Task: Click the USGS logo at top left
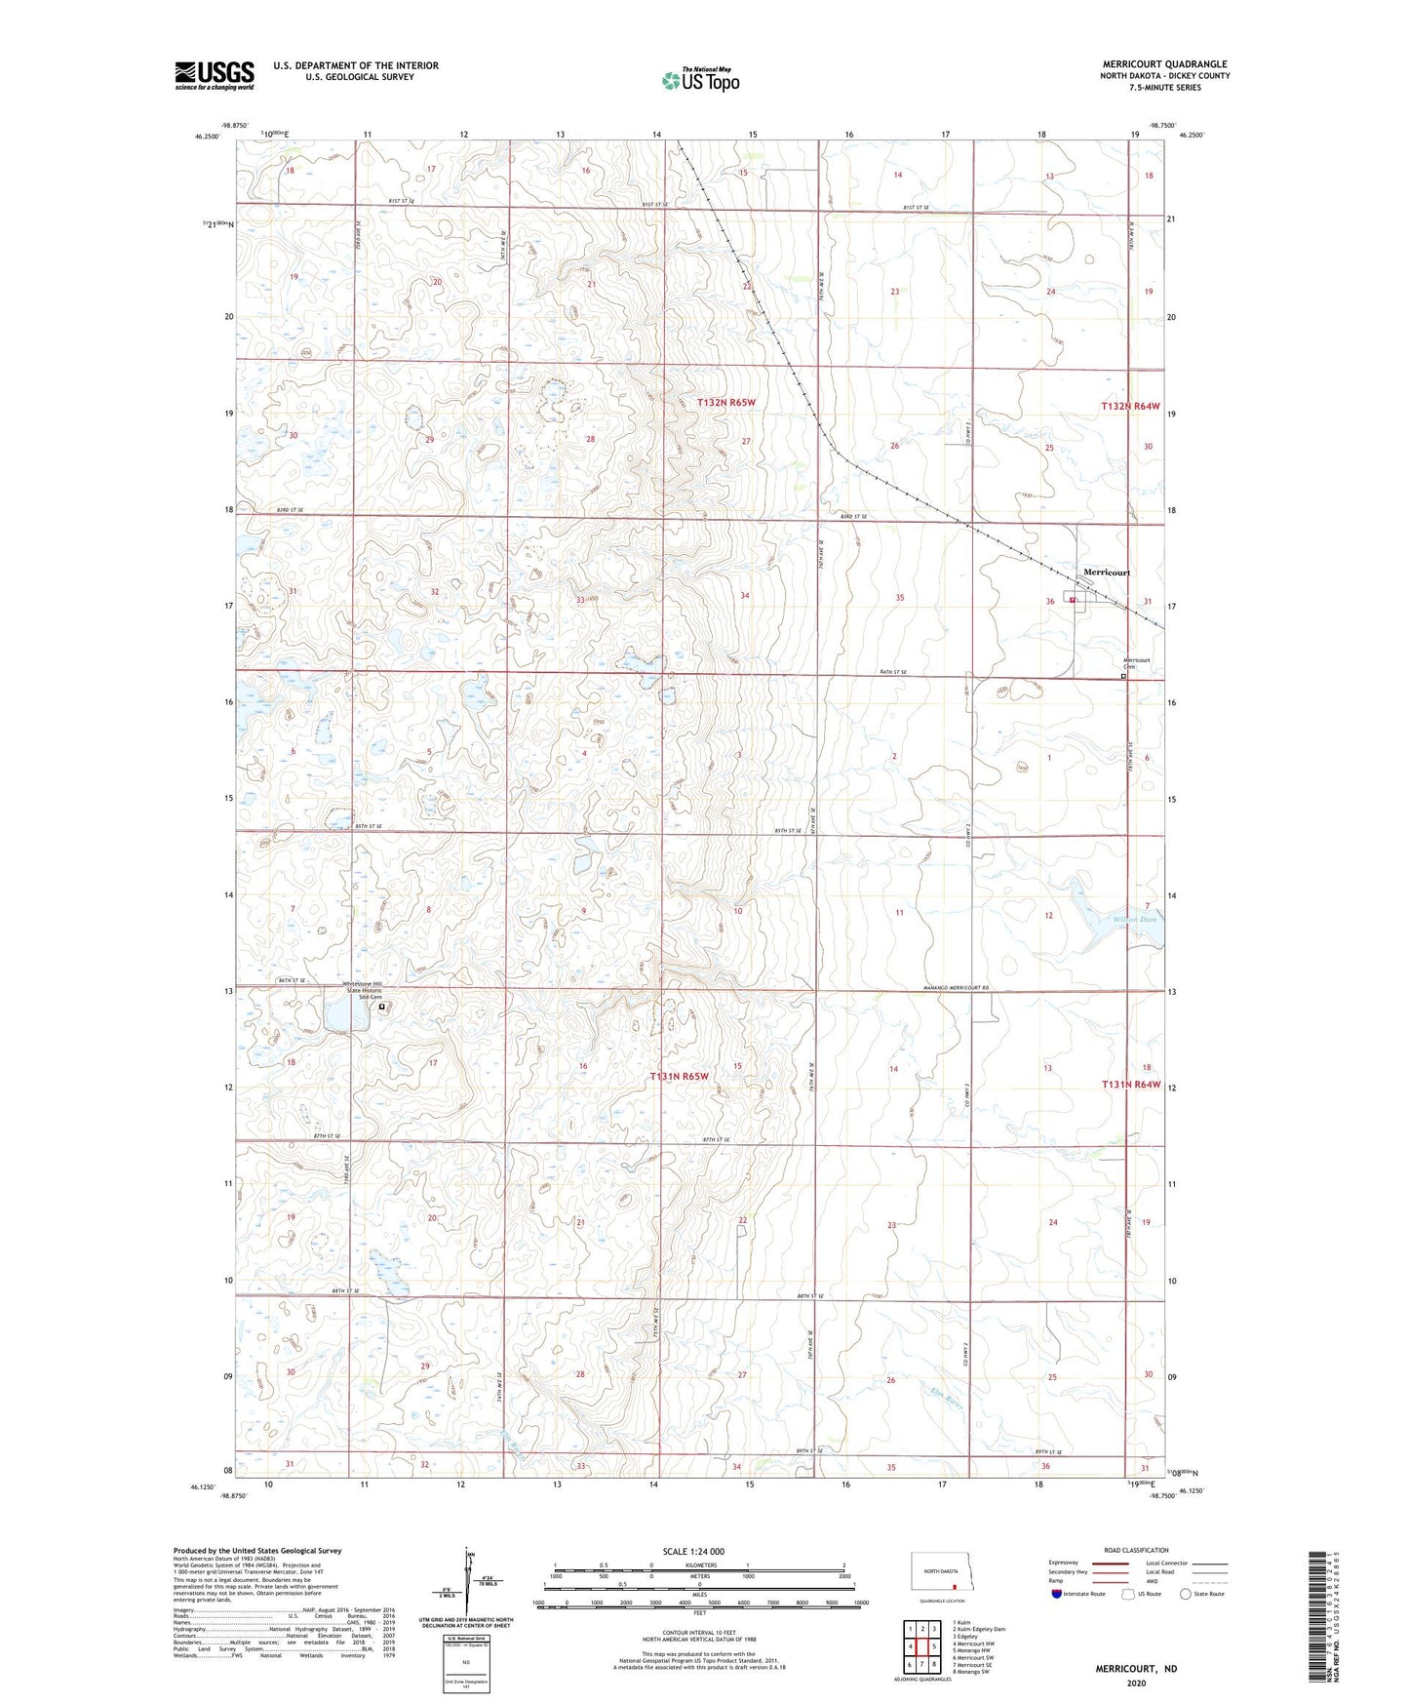[x=215, y=75]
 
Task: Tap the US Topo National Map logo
[x=700, y=80]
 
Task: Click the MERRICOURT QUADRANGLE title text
[x=1165, y=64]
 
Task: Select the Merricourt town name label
[x=1107, y=573]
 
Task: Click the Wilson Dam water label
[x=1135, y=919]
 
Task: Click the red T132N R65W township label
[x=726, y=402]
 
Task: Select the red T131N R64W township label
[x=1131, y=1084]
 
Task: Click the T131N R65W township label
[x=680, y=1077]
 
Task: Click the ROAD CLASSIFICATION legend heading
[x=1136, y=1550]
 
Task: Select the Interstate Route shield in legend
[x=1057, y=1594]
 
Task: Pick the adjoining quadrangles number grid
[x=921, y=1645]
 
